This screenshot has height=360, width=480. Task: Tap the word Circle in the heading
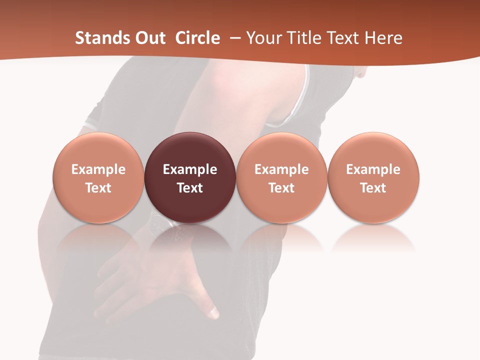tap(197, 38)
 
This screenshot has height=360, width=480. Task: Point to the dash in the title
tap(233, 38)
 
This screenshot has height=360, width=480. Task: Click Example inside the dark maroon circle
tap(189, 169)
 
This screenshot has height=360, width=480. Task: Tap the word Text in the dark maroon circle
tap(189, 188)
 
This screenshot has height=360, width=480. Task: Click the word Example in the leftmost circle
tap(98, 169)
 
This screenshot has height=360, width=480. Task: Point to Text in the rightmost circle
tap(373, 188)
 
